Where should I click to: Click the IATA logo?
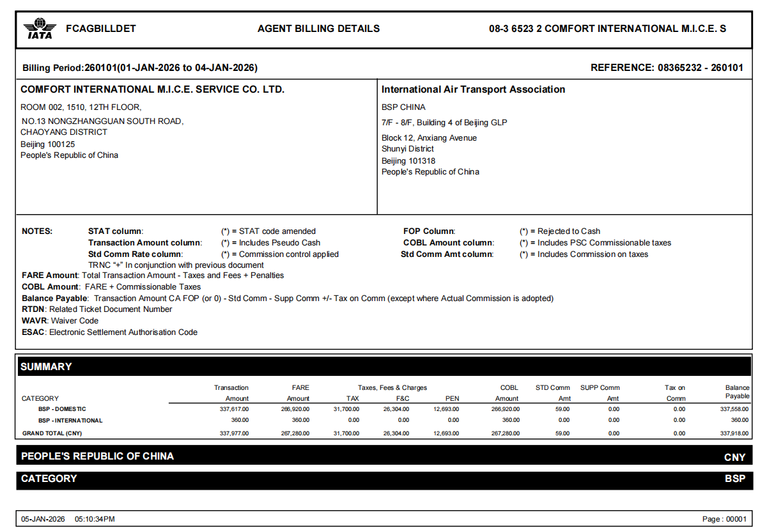[x=40, y=29]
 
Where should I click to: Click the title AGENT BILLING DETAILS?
[x=318, y=29]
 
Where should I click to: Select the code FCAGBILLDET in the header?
[x=101, y=29]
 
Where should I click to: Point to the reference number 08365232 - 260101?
[x=701, y=68]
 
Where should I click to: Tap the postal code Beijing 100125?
[x=48, y=144]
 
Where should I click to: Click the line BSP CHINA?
[x=403, y=107]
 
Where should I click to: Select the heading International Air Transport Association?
[x=473, y=89]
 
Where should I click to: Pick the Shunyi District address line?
[x=408, y=149]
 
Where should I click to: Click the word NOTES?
[x=37, y=231]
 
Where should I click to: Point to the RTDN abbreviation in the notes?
[x=33, y=309]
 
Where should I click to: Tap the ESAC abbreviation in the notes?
[x=33, y=332]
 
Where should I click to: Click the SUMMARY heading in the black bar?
[x=46, y=367]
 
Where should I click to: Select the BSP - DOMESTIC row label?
[x=62, y=409]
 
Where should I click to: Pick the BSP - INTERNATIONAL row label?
[x=70, y=421]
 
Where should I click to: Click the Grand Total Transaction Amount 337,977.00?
[x=234, y=433]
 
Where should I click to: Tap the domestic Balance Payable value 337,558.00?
[x=734, y=409]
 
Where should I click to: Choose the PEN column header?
[x=452, y=398]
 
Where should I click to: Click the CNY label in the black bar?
[x=734, y=458]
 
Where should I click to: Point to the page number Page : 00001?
[x=724, y=519]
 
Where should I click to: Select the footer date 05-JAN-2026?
[x=43, y=519]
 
